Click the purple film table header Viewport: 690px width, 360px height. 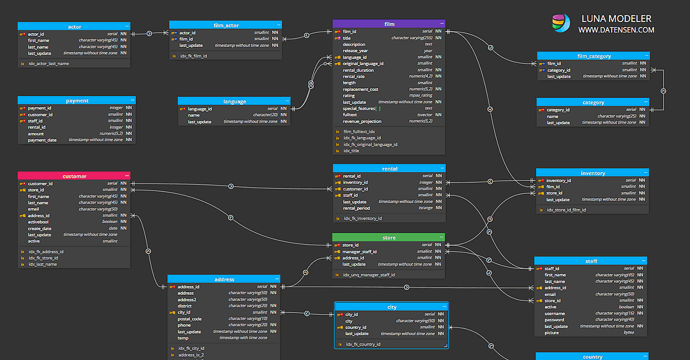pyautogui.click(x=389, y=24)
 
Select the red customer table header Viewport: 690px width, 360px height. pyautogui.click(x=74, y=176)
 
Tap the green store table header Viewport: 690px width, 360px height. pyautogui.click(x=389, y=237)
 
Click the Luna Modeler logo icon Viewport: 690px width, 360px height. pyautogui.click(x=561, y=23)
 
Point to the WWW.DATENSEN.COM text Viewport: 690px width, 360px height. pyautogui.click(x=616, y=30)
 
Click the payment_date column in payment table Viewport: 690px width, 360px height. pyautogui.click(x=43, y=140)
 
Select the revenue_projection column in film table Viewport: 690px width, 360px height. pyautogui.click(x=362, y=121)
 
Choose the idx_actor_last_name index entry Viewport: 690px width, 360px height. pyautogui.click(x=49, y=63)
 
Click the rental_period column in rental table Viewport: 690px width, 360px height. pyautogui.click(x=357, y=208)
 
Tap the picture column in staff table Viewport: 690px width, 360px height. pyautogui.click(x=551, y=332)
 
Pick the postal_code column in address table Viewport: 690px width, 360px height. pyautogui.click(x=189, y=319)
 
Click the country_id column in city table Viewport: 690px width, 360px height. pyautogui.click(x=355, y=327)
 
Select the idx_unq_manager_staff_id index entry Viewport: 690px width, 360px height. pyautogui.click(x=369, y=274)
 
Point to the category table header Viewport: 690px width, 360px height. pyautogui.click(x=593, y=102)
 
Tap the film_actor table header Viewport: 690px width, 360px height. pyautogui.click(x=225, y=25)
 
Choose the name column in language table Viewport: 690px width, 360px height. pyautogui.click(x=194, y=115)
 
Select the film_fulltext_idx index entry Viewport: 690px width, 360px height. pyautogui.click(x=359, y=131)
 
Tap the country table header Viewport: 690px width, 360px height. pyautogui.click(x=592, y=357)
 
